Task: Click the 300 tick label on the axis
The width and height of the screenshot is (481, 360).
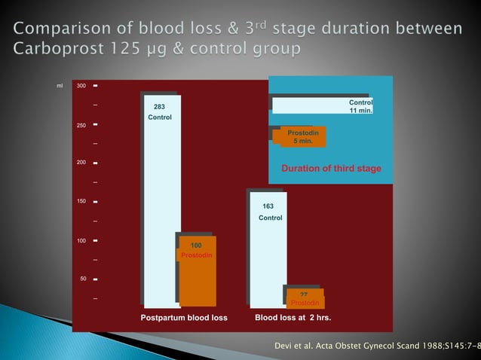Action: tap(81, 86)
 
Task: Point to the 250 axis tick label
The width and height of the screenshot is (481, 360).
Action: tap(81, 125)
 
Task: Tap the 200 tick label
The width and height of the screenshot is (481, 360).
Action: tap(81, 163)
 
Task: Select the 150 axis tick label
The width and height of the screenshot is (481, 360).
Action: tap(81, 202)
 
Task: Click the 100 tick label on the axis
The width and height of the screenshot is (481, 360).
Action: tap(81, 240)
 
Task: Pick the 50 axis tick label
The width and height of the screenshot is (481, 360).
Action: tap(84, 279)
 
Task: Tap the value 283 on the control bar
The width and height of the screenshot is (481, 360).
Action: tap(160, 107)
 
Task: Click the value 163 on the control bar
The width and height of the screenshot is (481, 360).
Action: tap(268, 206)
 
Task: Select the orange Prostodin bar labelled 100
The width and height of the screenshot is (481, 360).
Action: tap(198, 271)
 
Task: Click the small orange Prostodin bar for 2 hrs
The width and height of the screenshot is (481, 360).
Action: tap(305, 298)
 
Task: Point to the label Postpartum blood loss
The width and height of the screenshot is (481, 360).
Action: tap(184, 318)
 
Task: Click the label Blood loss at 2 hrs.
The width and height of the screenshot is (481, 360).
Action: tap(293, 318)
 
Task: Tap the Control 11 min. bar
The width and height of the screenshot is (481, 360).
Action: tap(323, 105)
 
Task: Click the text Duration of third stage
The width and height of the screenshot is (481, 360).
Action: tap(331, 168)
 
